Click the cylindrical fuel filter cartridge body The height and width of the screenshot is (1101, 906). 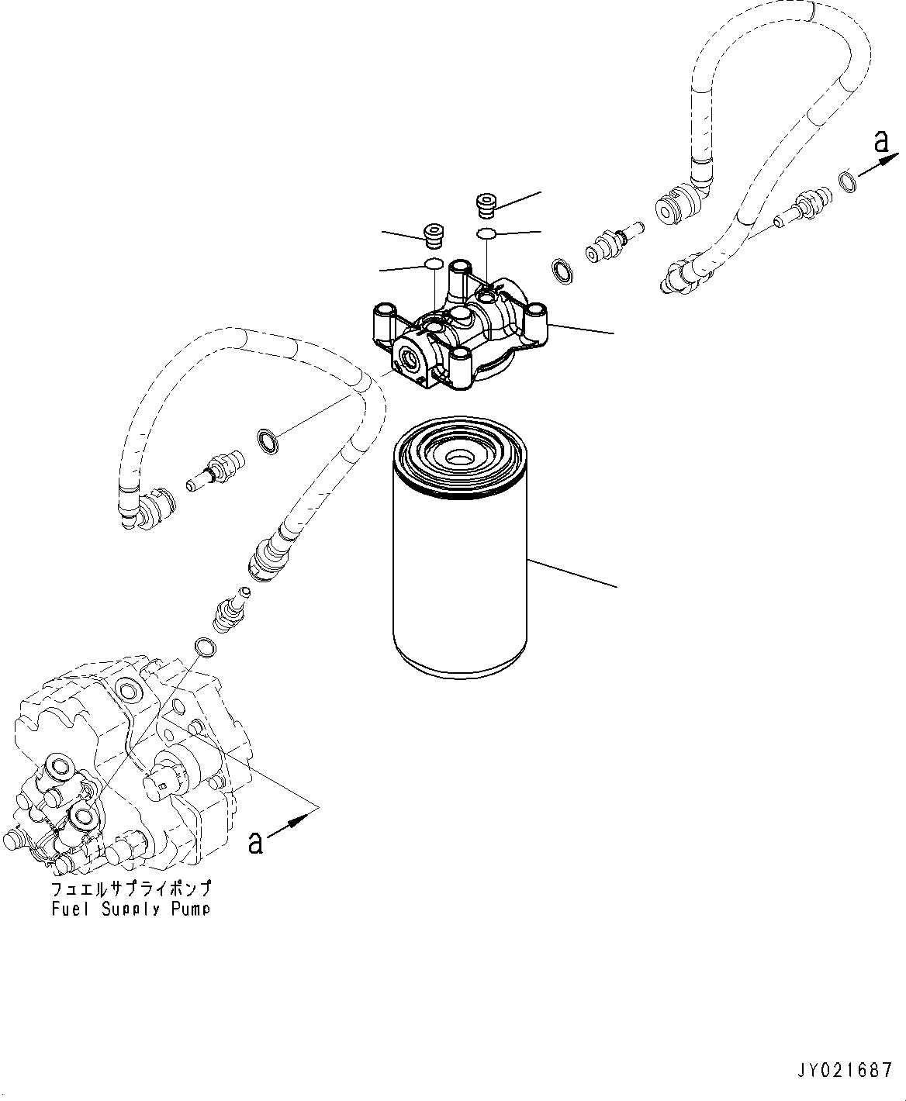(x=460, y=574)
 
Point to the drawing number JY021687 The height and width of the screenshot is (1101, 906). (x=846, y=1072)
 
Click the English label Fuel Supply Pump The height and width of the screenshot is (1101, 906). (x=130, y=909)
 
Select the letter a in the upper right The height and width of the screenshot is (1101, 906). (x=880, y=141)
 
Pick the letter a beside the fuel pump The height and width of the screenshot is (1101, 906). (x=255, y=841)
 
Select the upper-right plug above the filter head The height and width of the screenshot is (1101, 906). (x=485, y=207)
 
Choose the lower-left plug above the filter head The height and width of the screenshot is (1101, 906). (x=434, y=233)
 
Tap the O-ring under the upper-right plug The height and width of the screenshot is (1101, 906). (x=486, y=233)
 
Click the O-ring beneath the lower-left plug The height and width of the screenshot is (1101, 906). (x=434, y=264)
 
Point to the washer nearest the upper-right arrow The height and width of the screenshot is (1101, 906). (x=849, y=183)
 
